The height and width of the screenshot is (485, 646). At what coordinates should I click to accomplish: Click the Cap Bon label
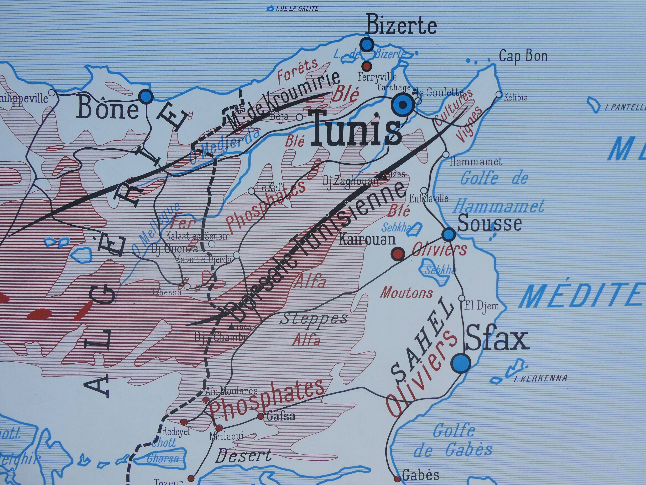point(523,56)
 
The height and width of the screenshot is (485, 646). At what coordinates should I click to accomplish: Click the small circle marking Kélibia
point(499,95)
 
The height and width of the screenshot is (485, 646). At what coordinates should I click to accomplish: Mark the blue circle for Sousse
point(449,234)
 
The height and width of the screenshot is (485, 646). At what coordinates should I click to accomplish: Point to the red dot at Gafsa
point(260,416)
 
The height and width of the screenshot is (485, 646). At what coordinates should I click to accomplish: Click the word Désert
point(243,455)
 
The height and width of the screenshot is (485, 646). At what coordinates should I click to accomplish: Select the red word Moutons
point(406,293)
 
